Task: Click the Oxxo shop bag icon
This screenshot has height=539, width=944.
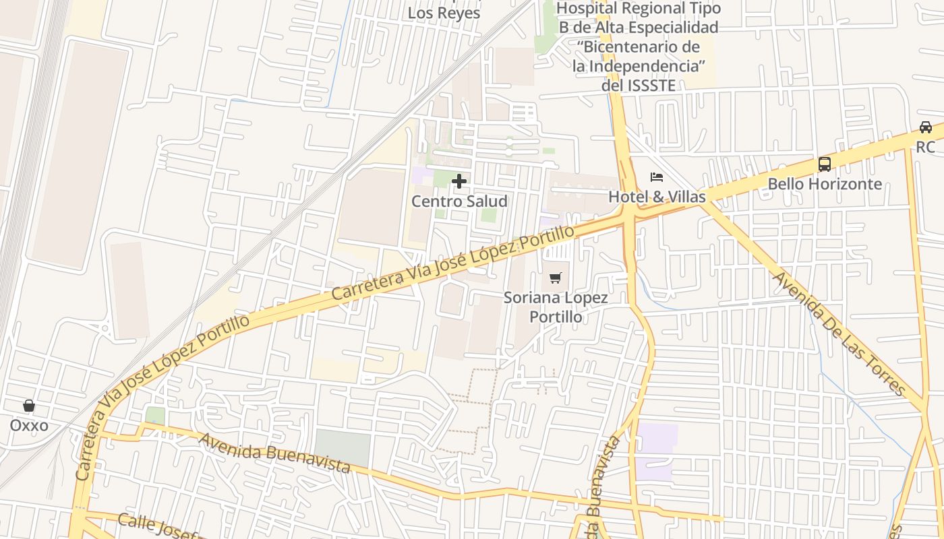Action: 29,406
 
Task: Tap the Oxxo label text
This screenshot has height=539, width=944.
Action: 29,426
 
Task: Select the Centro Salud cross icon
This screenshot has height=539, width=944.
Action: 459,181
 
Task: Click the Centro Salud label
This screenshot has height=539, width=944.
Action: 459,201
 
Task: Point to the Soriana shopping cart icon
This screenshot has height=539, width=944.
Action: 556,278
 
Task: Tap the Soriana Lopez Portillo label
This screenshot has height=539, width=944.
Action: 556,307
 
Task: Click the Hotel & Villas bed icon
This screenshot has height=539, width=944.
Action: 657,177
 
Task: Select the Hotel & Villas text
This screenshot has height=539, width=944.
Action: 657,197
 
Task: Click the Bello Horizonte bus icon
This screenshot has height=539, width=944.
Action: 824,164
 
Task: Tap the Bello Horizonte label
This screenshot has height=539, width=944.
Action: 824,184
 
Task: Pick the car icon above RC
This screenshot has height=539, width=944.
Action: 926,127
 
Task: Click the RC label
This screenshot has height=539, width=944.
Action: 926,147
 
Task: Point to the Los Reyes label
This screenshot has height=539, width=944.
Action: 444,13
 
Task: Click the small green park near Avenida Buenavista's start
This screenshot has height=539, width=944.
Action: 155,416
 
